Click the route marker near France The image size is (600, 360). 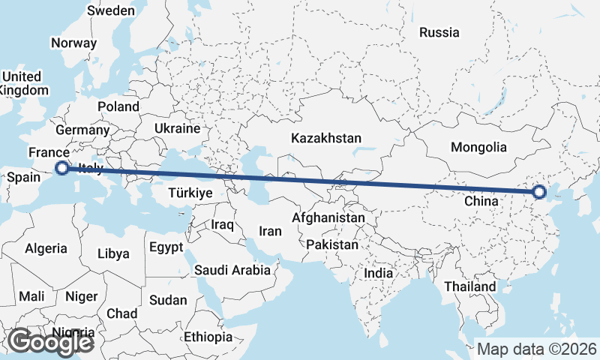tap(62, 169)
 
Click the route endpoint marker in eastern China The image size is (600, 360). tap(538, 192)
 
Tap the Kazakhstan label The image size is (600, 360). tap(326, 139)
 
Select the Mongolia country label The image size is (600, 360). tap(479, 147)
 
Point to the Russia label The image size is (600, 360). tap(439, 32)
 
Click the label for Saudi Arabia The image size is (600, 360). tap(232, 270)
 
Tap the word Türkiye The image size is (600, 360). tap(191, 193)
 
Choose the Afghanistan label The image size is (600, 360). tap(328, 218)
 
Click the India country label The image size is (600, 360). tap(379, 274)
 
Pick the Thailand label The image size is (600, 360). tap(470, 286)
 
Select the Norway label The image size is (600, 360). tap(74, 43)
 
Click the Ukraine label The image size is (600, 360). tap(178, 129)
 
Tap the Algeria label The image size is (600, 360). tap(46, 248)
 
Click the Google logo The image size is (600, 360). tap(50, 342)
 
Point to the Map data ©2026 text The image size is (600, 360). tap(537, 349)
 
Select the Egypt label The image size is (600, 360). tap(166, 247)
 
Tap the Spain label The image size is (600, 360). tap(23, 178)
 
